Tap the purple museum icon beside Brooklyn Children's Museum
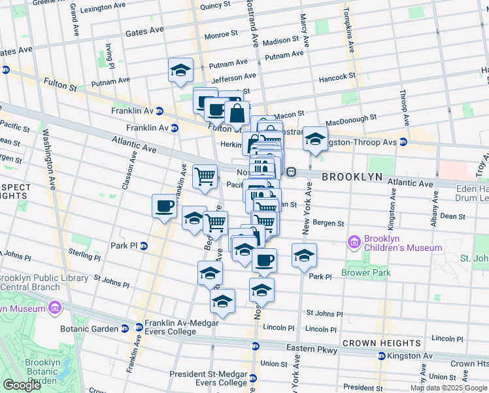pyautogui.click(x=355, y=243)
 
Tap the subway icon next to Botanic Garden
pyautogui.click(x=139, y=327)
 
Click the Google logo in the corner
pyautogui.click(x=22, y=385)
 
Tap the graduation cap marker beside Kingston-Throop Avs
pyautogui.click(x=315, y=139)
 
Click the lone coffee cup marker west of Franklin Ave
pyautogui.click(x=164, y=206)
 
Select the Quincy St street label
pyautogui.click(x=215, y=6)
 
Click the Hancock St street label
pyautogui.click(x=337, y=77)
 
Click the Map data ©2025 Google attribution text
pyautogui.click(x=448, y=388)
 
